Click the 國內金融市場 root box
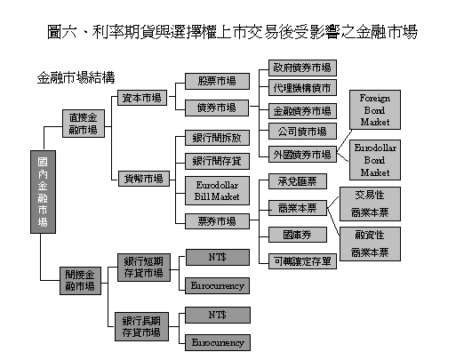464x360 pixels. tap(43, 192)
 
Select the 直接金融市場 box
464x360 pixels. tap(84, 124)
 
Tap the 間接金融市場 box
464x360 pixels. tap(80, 281)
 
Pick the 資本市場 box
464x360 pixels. tap(142, 98)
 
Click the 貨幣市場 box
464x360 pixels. tap(144, 179)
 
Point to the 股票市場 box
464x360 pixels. tap(217, 82)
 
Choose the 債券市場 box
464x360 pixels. tap(217, 108)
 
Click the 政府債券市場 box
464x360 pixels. tap(302, 68)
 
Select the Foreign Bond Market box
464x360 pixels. tap(375, 110)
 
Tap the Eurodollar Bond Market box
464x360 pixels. tap(375, 160)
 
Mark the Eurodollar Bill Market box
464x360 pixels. tap(217, 191)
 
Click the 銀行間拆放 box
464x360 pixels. tap(217, 138)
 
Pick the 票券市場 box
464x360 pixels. tap(217, 221)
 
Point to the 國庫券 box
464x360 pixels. tap(298, 235)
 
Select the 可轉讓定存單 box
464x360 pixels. tap(302, 261)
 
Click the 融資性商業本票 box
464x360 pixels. tap(370, 244)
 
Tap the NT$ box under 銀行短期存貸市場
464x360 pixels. tap(218, 257)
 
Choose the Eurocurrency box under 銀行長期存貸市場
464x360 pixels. tap(218, 343)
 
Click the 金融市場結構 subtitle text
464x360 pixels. tap(76, 78)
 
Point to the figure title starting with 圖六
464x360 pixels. tap(232, 32)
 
